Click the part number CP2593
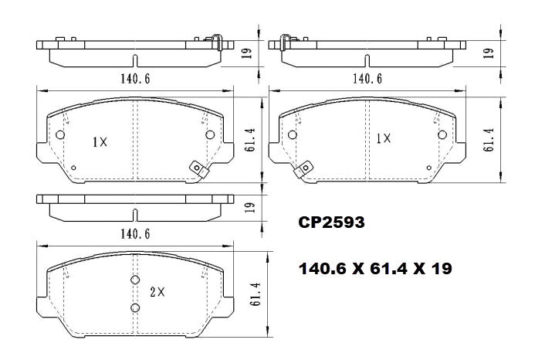pyautogui.click(x=331, y=222)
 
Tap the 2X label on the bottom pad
pyautogui.click(x=158, y=293)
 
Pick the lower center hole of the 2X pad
pyautogui.click(x=134, y=308)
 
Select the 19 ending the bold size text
pyautogui.click(x=441, y=269)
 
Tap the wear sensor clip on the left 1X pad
pyautogui.click(x=198, y=168)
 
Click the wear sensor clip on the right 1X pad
pyautogui.click(x=305, y=168)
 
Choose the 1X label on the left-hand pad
pyautogui.click(x=99, y=142)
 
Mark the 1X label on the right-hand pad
pyautogui.click(x=384, y=139)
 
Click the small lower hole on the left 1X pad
pyautogui.click(x=73, y=168)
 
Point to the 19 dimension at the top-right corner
pyautogui.click(x=488, y=53)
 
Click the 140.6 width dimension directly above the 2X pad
pyautogui.click(x=135, y=233)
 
